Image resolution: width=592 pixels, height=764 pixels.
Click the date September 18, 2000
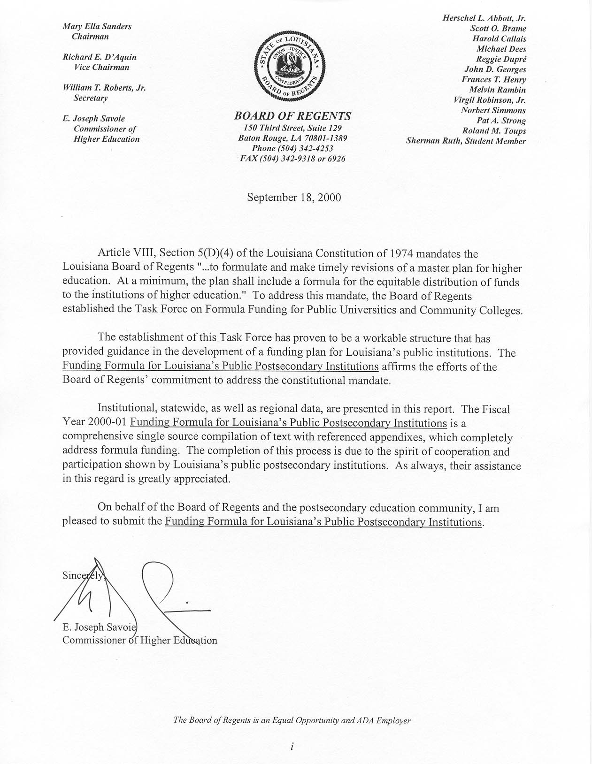(294, 197)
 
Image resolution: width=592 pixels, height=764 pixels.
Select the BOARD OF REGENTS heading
(292, 116)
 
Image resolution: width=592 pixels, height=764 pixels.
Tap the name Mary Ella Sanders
(97, 26)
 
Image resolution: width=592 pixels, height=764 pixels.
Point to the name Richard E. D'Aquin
(100, 57)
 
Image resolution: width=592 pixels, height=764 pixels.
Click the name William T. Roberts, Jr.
(104, 88)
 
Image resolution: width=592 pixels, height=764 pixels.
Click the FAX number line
(292, 159)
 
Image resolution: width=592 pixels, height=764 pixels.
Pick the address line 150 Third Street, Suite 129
(292, 128)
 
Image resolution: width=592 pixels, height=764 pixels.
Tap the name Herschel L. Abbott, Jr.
(484, 18)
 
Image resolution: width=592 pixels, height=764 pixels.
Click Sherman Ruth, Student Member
(466, 141)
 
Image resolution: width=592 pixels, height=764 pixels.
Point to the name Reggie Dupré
(501, 59)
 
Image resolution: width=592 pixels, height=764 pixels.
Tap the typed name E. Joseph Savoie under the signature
(99, 627)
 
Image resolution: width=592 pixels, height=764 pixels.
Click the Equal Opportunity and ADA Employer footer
(292, 720)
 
